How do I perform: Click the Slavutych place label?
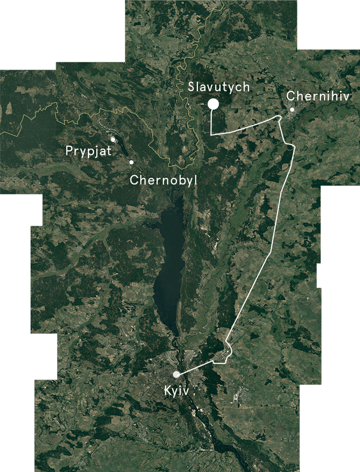(219, 87)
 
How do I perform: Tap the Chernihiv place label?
(318, 96)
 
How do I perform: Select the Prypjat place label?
(88, 152)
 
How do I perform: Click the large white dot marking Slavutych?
(212, 104)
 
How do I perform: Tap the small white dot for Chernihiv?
(292, 110)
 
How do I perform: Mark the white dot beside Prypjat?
(113, 139)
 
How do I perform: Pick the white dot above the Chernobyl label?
(131, 162)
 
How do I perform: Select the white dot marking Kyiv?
(176, 374)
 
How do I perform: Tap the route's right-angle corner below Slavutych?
(210, 133)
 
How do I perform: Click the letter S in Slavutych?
(191, 87)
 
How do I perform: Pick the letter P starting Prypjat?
(69, 151)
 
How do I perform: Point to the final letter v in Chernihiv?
(346, 96)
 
